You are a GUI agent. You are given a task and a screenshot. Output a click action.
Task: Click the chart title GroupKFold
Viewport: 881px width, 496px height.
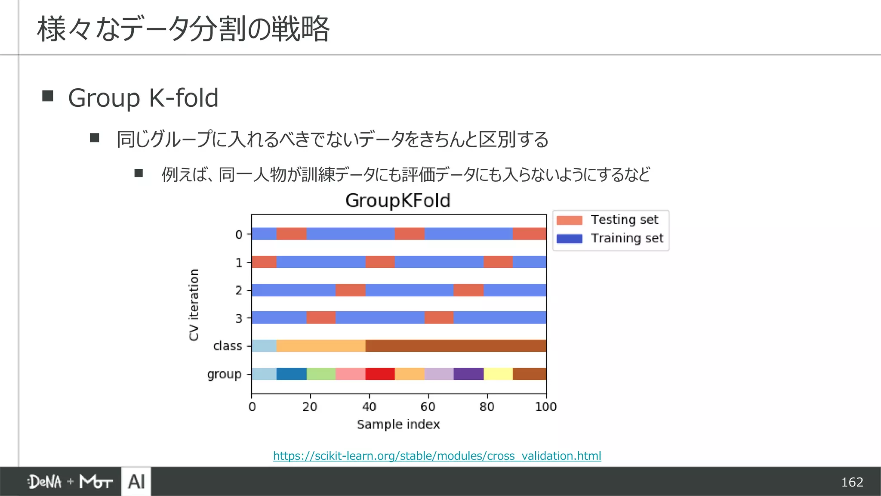click(x=397, y=201)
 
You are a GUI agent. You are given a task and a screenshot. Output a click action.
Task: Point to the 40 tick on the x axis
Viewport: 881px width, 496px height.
click(x=369, y=406)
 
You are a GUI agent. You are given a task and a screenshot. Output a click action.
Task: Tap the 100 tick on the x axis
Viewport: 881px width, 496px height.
click(x=545, y=406)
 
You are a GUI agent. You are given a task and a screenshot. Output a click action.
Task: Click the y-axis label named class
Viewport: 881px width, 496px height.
click(x=228, y=346)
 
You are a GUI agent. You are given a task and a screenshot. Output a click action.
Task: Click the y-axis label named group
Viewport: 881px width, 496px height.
click(x=224, y=374)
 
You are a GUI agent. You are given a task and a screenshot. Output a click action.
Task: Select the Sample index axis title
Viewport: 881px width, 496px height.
click(x=398, y=425)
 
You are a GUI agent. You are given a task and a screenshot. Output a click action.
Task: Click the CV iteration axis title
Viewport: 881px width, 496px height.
click(x=194, y=304)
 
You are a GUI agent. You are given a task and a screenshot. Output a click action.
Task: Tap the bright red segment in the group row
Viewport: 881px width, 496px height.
click(x=380, y=374)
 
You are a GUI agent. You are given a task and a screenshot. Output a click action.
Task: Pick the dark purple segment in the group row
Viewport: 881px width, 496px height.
click(x=468, y=374)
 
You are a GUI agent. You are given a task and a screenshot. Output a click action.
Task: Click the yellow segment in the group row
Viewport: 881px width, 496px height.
click(x=498, y=374)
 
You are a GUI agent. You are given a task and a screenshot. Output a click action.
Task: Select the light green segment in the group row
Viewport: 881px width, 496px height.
click(x=321, y=374)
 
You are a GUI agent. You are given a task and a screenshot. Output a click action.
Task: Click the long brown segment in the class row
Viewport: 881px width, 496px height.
click(x=456, y=346)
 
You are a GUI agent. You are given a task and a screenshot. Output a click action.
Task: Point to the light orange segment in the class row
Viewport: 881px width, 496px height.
click(x=321, y=346)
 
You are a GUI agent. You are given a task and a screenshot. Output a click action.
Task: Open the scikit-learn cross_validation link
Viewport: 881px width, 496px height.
click(x=437, y=456)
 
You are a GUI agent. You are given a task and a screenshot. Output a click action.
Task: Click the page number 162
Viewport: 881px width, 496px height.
click(x=852, y=482)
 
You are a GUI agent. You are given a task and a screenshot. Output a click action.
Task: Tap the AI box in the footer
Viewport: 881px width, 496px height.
click(x=136, y=481)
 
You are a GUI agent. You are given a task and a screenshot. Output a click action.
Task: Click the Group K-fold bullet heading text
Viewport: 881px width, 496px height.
click(x=143, y=98)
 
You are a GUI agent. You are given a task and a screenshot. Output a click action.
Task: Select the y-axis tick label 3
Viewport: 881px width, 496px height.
click(x=239, y=319)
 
